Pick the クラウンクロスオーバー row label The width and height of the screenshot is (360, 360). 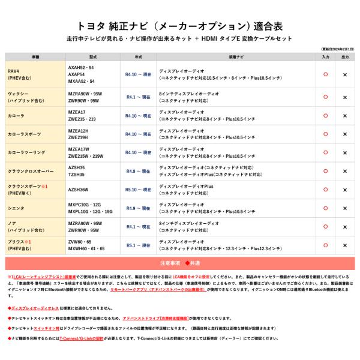(x=31, y=171)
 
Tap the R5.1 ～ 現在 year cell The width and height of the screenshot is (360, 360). (x=138, y=245)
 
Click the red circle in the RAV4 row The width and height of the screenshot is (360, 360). (x=325, y=74)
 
